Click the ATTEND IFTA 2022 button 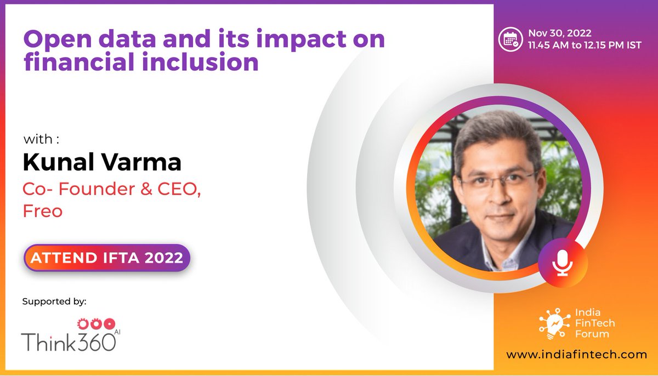click(x=107, y=258)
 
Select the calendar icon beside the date click(x=510, y=39)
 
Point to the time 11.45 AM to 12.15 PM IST click(x=585, y=45)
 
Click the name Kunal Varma click(x=102, y=162)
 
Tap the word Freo click(x=42, y=212)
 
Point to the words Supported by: click(x=54, y=301)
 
